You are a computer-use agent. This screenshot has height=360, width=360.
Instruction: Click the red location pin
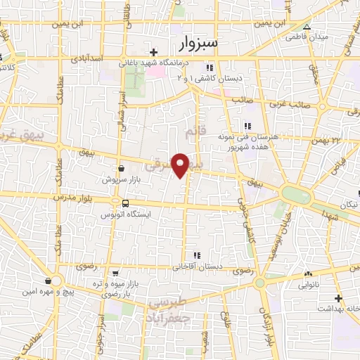tap(181, 165)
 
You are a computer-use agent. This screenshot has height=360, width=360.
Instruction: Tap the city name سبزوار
tap(199, 44)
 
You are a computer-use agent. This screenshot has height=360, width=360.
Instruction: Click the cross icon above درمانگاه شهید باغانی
tap(154, 53)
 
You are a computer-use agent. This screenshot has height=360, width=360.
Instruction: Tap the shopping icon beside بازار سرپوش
tap(122, 169)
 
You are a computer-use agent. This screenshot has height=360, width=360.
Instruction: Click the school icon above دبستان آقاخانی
tap(196, 255)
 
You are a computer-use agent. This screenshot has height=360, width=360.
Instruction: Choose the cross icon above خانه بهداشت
tap(337, 298)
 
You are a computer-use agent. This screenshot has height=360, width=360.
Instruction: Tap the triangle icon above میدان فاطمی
tap(306, 26)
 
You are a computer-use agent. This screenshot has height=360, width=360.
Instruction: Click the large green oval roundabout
tap(295, 194)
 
